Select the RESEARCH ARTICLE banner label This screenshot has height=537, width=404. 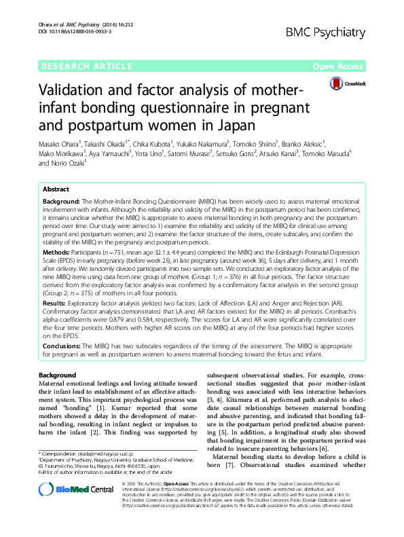tap(87, 67)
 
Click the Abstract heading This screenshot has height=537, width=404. tap(56, 189)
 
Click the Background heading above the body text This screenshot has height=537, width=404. tap(57, 375)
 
